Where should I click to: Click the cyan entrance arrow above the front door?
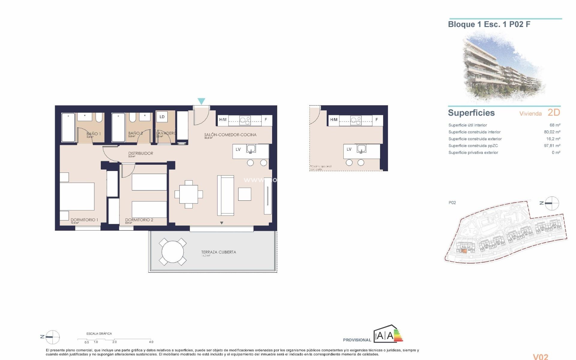(x=201, y=101)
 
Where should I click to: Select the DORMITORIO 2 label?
(x=139, y=220)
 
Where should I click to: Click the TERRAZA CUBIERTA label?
(x=218, y=252)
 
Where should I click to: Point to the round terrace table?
(x=172, y=252)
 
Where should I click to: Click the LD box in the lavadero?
(x=162, y=117)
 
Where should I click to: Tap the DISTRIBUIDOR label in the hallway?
(x=140, y=153)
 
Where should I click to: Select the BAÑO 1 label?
(x=94, y=134)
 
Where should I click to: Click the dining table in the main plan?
(x=189, y=194)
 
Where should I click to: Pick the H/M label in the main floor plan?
(x=223, y=120)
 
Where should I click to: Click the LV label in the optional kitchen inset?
(x=349, y=149)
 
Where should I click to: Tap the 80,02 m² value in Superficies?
(x=552, y=132)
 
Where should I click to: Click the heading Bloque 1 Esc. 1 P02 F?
(x=489, y=24)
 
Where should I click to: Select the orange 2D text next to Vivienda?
(x=554, y=112)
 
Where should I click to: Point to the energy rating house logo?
(x=388, y=334)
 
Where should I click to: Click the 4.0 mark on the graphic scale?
(x=151, y=342)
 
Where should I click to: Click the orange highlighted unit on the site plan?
(x=464, y=251)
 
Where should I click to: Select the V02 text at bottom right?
(x=540, y=357)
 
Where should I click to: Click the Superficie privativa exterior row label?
(x=473, y=153)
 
